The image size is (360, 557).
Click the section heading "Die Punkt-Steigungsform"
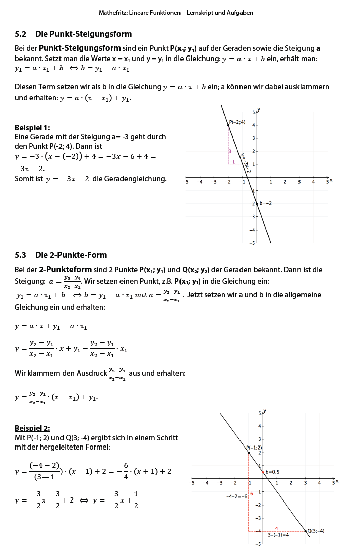coord(83,34)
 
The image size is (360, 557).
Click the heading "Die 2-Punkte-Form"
coord(71,255)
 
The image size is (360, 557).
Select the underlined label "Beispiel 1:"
coord(32,128)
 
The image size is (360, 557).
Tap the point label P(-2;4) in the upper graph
coord(237,122)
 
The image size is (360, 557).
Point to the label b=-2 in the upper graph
coord(266,203)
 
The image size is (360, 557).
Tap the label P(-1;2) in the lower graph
coord(254,448)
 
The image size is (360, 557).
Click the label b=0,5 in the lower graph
coord(272,472)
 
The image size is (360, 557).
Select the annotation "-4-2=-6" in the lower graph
coord(236,496)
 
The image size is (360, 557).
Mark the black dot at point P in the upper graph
coord(228,124)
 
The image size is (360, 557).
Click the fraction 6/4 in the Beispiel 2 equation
coord(126,470)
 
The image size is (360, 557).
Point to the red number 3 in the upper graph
coord(229,151)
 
